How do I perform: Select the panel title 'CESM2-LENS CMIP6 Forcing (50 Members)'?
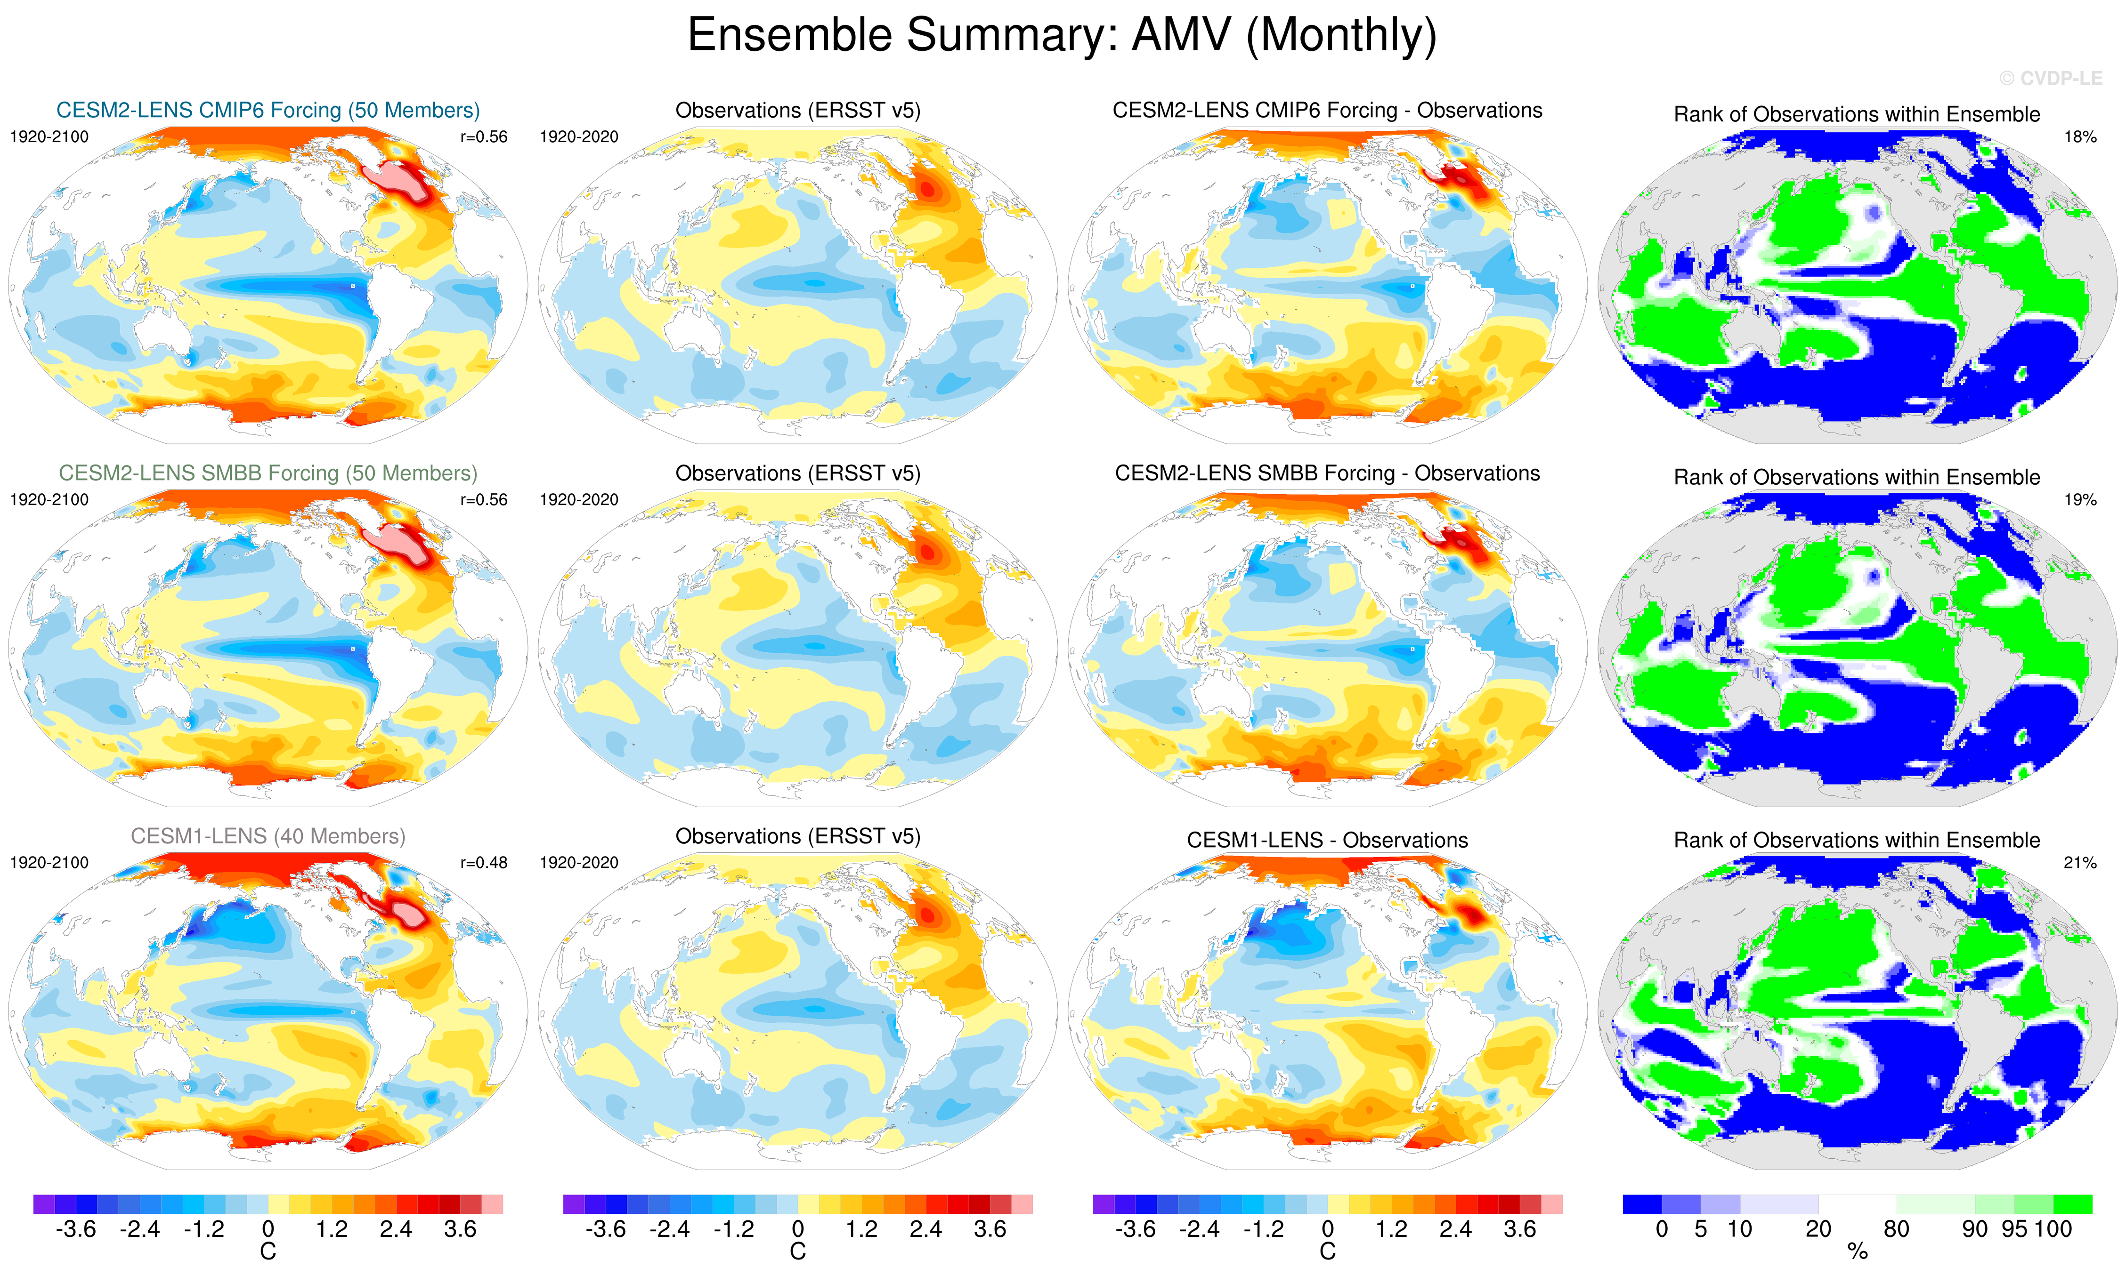(x=268, y=111)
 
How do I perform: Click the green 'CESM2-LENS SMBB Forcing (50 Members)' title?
(x=268, y=473)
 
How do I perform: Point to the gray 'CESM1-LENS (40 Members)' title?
(x=268, y=836)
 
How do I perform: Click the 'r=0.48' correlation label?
(x=483, y=863)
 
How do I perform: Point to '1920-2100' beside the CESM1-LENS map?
(x=49, y=863)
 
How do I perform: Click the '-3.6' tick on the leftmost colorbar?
(x=76, y=1229)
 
